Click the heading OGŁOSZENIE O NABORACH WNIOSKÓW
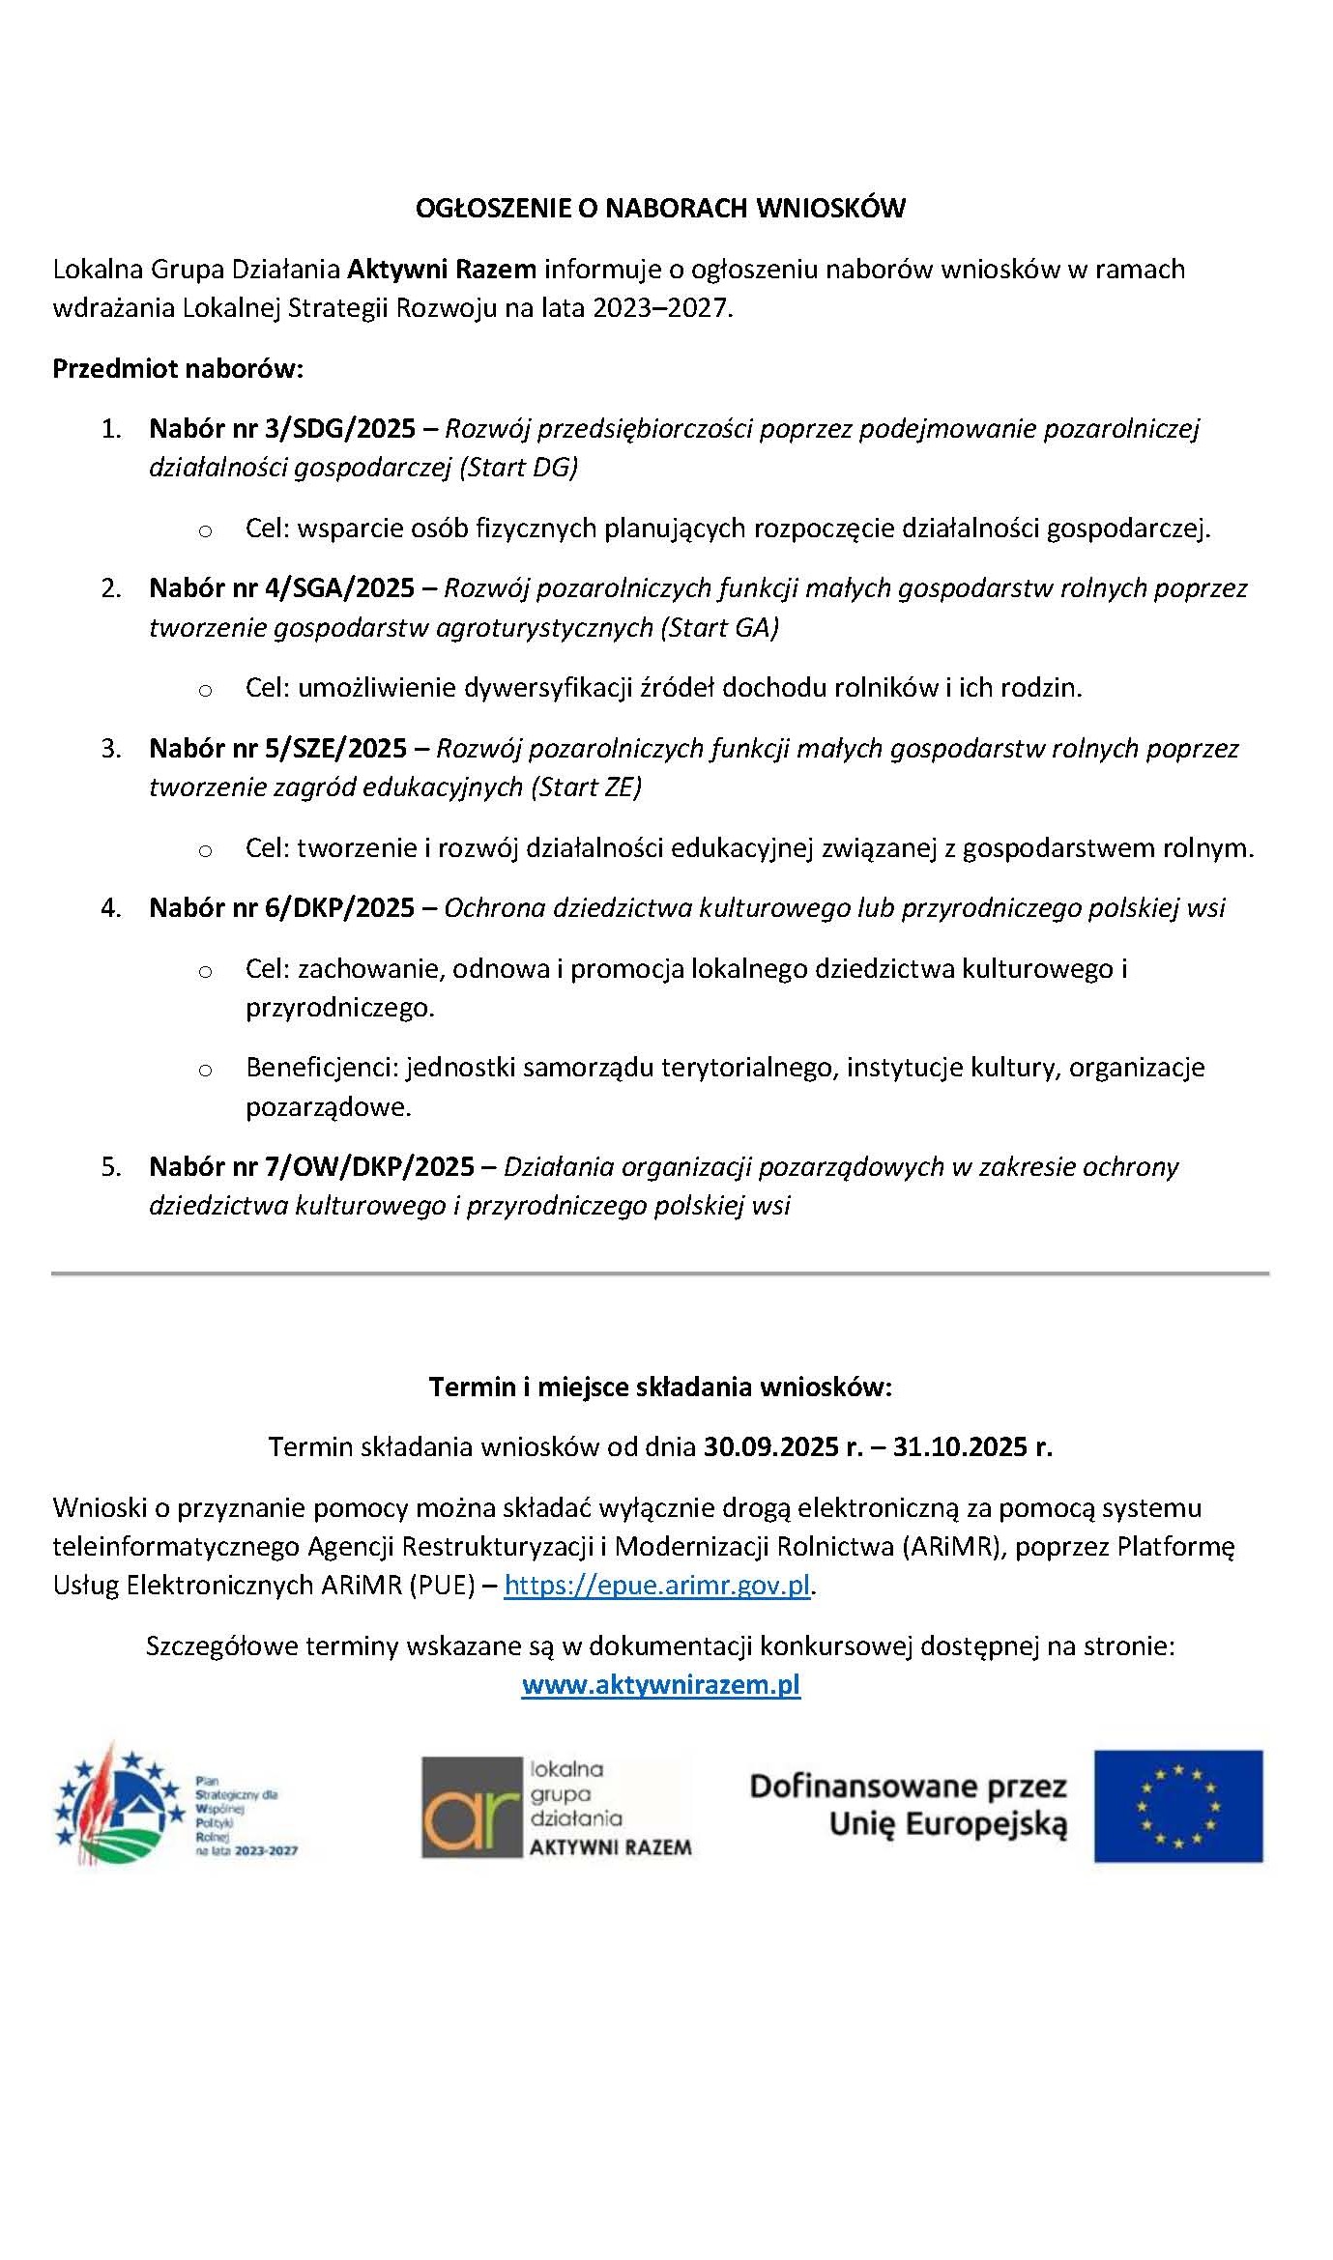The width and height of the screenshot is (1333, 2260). coord(660,209)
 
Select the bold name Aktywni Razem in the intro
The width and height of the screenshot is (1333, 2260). coord(442,269)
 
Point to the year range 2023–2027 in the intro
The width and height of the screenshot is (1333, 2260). coord(661,308)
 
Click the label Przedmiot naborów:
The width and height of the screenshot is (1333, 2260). coord(178,369)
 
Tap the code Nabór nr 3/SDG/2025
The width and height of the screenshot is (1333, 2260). coord(282,428)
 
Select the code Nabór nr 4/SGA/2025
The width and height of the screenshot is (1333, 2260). coord(281,587)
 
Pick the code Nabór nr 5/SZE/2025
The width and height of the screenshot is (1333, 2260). coord(277,748)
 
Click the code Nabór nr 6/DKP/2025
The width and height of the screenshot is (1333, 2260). coord(281,908)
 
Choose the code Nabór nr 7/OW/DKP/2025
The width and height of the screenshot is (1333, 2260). coord(311,1167)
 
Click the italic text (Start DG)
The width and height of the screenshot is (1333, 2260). coord(518,468)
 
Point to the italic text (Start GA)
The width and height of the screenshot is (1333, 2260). coord(719,628)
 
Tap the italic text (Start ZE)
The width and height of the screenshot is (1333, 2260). coord(586,787)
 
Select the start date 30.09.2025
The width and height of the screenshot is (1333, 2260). coord(770,1447)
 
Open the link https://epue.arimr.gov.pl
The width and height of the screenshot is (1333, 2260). coord(657,1586)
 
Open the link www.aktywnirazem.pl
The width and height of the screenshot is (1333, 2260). coord(661,1685)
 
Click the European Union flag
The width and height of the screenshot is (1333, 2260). coord(1177,1806)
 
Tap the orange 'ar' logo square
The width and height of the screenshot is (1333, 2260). coord(472,1807)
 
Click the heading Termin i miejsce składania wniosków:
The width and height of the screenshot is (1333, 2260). coord(660,1387)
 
